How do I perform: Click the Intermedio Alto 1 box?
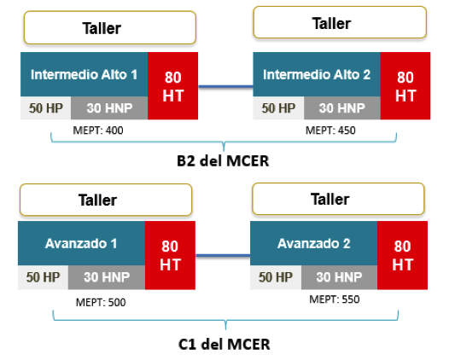pyautogui.click(x=85, y=74)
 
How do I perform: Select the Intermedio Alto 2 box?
pyautogui.click(x=317, y=74)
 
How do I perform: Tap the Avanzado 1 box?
pyautogui.click(x=82, y=243)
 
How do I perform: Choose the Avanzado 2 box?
pyautogui.click(x=313, y=243)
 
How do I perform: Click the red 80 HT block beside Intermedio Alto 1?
pyautogui.click(x=173, y=86)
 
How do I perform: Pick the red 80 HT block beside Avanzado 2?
pyautogui.click(x=402, y=255)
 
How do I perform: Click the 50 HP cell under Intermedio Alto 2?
pyautogui.click(x=278, y=107)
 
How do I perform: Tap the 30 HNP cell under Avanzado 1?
pyautogui.click(x=107, y=277)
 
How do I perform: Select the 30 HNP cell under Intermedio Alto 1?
pyautogui.click(x=109, y=107)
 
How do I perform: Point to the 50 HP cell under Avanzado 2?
pyautogui.click(x=276, y=277)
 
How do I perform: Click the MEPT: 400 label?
pyautogui.click(x=98, y=131)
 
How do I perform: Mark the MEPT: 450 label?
pyautogui.click(x=330, y=131)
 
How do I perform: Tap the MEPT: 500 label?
pyautogui.click(x=101, y=303)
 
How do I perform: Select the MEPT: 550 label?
pyautogui.click(x=335, y=299)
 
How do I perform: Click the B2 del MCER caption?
pyautogui.click(x=223, y=161)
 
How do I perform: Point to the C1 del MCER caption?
pyautogui.click(x=224, y=345)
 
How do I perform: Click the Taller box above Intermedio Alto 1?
pyautogui.click(x=110, y=28)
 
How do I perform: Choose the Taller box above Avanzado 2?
pyautogui.click(x=338, y=199)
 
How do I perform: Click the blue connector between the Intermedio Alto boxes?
pyautogui.click(x=225, y=86)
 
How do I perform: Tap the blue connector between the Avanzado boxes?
pyautogui.click(x=223, y=256)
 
